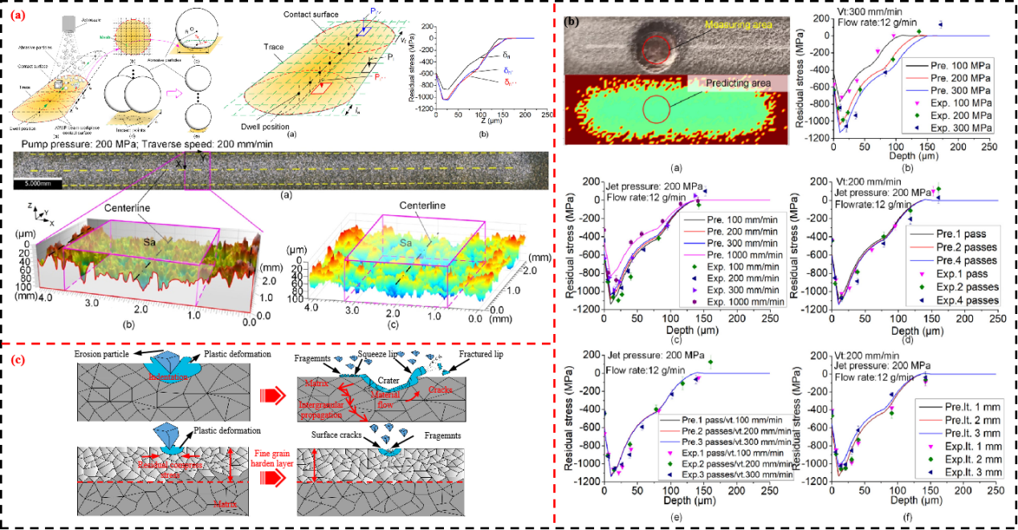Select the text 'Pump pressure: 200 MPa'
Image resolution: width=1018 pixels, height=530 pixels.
72,145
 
